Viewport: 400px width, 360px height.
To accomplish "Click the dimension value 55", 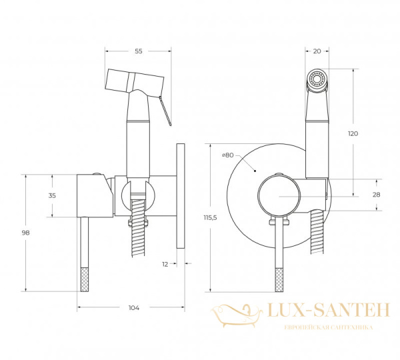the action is (x=138, y=51).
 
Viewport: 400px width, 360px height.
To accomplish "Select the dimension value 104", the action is (x=134, y=308).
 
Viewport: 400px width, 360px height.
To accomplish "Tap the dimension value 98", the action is (x=25, y=233).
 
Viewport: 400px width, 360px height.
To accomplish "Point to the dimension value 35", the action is (x=52, y=195).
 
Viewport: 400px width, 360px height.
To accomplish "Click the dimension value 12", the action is (x=165, y=264).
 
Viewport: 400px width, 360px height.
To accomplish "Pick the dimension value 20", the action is (x=317, y=51).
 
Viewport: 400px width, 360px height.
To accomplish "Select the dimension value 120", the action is (x=353, y=133).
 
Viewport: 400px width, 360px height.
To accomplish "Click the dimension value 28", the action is (x=376, y=195).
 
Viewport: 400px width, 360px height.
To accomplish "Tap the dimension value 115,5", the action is (x=210, y=217).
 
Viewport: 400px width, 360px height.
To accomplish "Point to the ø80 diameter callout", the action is (x=228, y=155).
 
